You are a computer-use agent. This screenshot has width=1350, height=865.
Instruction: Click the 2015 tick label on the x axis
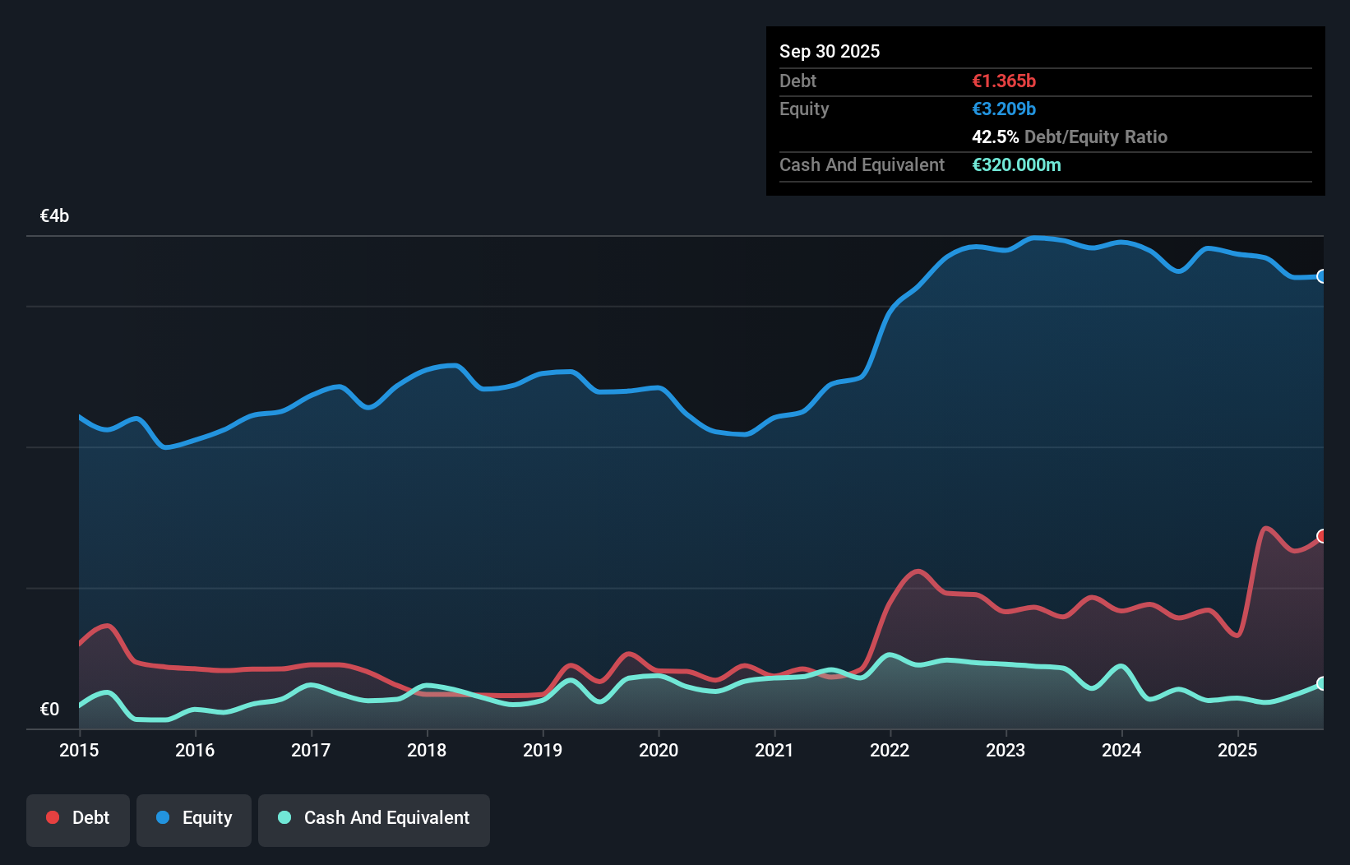[79, 750]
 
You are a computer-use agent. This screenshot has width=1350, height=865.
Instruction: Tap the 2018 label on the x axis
[427, 750]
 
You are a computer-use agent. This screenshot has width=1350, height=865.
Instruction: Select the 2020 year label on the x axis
[659, 750]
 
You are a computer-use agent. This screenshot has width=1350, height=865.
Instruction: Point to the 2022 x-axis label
[890, 750]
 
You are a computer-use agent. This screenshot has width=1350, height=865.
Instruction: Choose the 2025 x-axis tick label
[1237, 750]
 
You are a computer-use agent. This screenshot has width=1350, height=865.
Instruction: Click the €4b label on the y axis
[54, 216]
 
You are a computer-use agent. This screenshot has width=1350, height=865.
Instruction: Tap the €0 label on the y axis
[49, 709]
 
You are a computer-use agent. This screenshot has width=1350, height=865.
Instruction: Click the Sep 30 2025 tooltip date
[829, 52]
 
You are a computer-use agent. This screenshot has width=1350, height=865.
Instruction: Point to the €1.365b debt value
[1003, 81]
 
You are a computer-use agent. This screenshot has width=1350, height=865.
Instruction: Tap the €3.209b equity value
[1003, 109]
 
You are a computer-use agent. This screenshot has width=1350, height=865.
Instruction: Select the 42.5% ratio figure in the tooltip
[995, 137]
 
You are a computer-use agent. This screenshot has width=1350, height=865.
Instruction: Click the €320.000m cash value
[1016, 165]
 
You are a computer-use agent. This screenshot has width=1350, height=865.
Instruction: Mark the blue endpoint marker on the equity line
[1322, 276]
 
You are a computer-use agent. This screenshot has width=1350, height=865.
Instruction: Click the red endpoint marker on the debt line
[1322, 536]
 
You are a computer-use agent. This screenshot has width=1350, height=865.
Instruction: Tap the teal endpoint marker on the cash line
[1322, 683]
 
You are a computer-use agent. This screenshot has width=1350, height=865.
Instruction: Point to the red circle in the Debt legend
[53, 817]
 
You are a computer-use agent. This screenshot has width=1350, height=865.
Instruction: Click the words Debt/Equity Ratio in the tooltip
[1095, 137]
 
